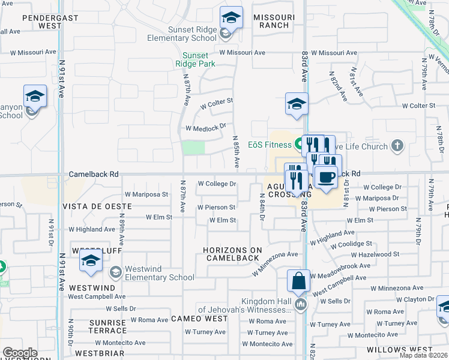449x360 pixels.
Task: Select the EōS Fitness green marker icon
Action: tap(298, 144)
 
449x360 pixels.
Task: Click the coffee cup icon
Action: tap(326, 177)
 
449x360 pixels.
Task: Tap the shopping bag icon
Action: tap(298, 281)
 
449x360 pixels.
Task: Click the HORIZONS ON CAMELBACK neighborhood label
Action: tap(232, 254)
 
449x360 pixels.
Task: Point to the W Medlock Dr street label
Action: tap(205, 128)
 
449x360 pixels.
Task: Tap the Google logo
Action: tap(20, 353)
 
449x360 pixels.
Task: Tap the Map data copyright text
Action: tap(423, 355)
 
